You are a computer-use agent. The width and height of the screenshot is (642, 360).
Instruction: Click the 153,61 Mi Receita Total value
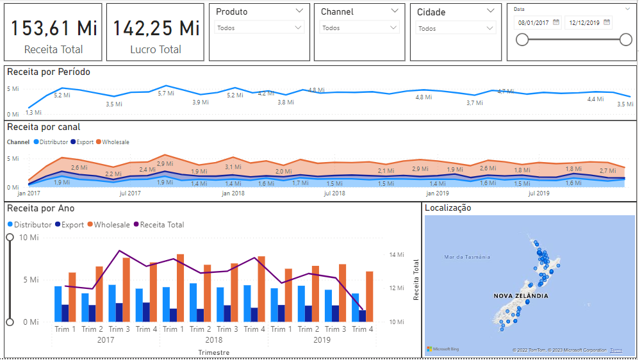coord(53,28)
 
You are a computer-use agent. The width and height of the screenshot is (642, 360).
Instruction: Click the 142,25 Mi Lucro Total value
coord(156,28)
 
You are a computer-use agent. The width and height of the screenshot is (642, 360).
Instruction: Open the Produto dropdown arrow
coord(300,12)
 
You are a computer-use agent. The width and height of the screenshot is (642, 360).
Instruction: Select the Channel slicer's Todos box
coord(359,28)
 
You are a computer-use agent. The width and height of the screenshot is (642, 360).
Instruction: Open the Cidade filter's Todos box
coord(455,28)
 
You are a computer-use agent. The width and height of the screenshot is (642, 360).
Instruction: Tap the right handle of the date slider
coord(626,40)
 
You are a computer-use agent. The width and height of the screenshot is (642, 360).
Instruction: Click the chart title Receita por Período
coord(49,72)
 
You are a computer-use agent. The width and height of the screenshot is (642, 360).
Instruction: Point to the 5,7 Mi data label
coord(166,94)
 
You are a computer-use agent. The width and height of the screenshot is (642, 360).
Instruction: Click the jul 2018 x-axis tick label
coord(334,193)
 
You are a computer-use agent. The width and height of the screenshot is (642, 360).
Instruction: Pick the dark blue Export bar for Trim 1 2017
coord(65,313)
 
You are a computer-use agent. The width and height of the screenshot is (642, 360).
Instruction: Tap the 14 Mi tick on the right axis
coord(397,254)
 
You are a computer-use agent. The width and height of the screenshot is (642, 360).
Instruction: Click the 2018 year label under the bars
coord(214,340)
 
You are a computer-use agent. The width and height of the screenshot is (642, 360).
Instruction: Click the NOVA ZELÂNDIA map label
coord(521,296)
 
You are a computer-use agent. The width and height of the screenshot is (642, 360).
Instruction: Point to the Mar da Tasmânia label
coord(467,257)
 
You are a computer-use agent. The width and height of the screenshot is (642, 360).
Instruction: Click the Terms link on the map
coord(616,350)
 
